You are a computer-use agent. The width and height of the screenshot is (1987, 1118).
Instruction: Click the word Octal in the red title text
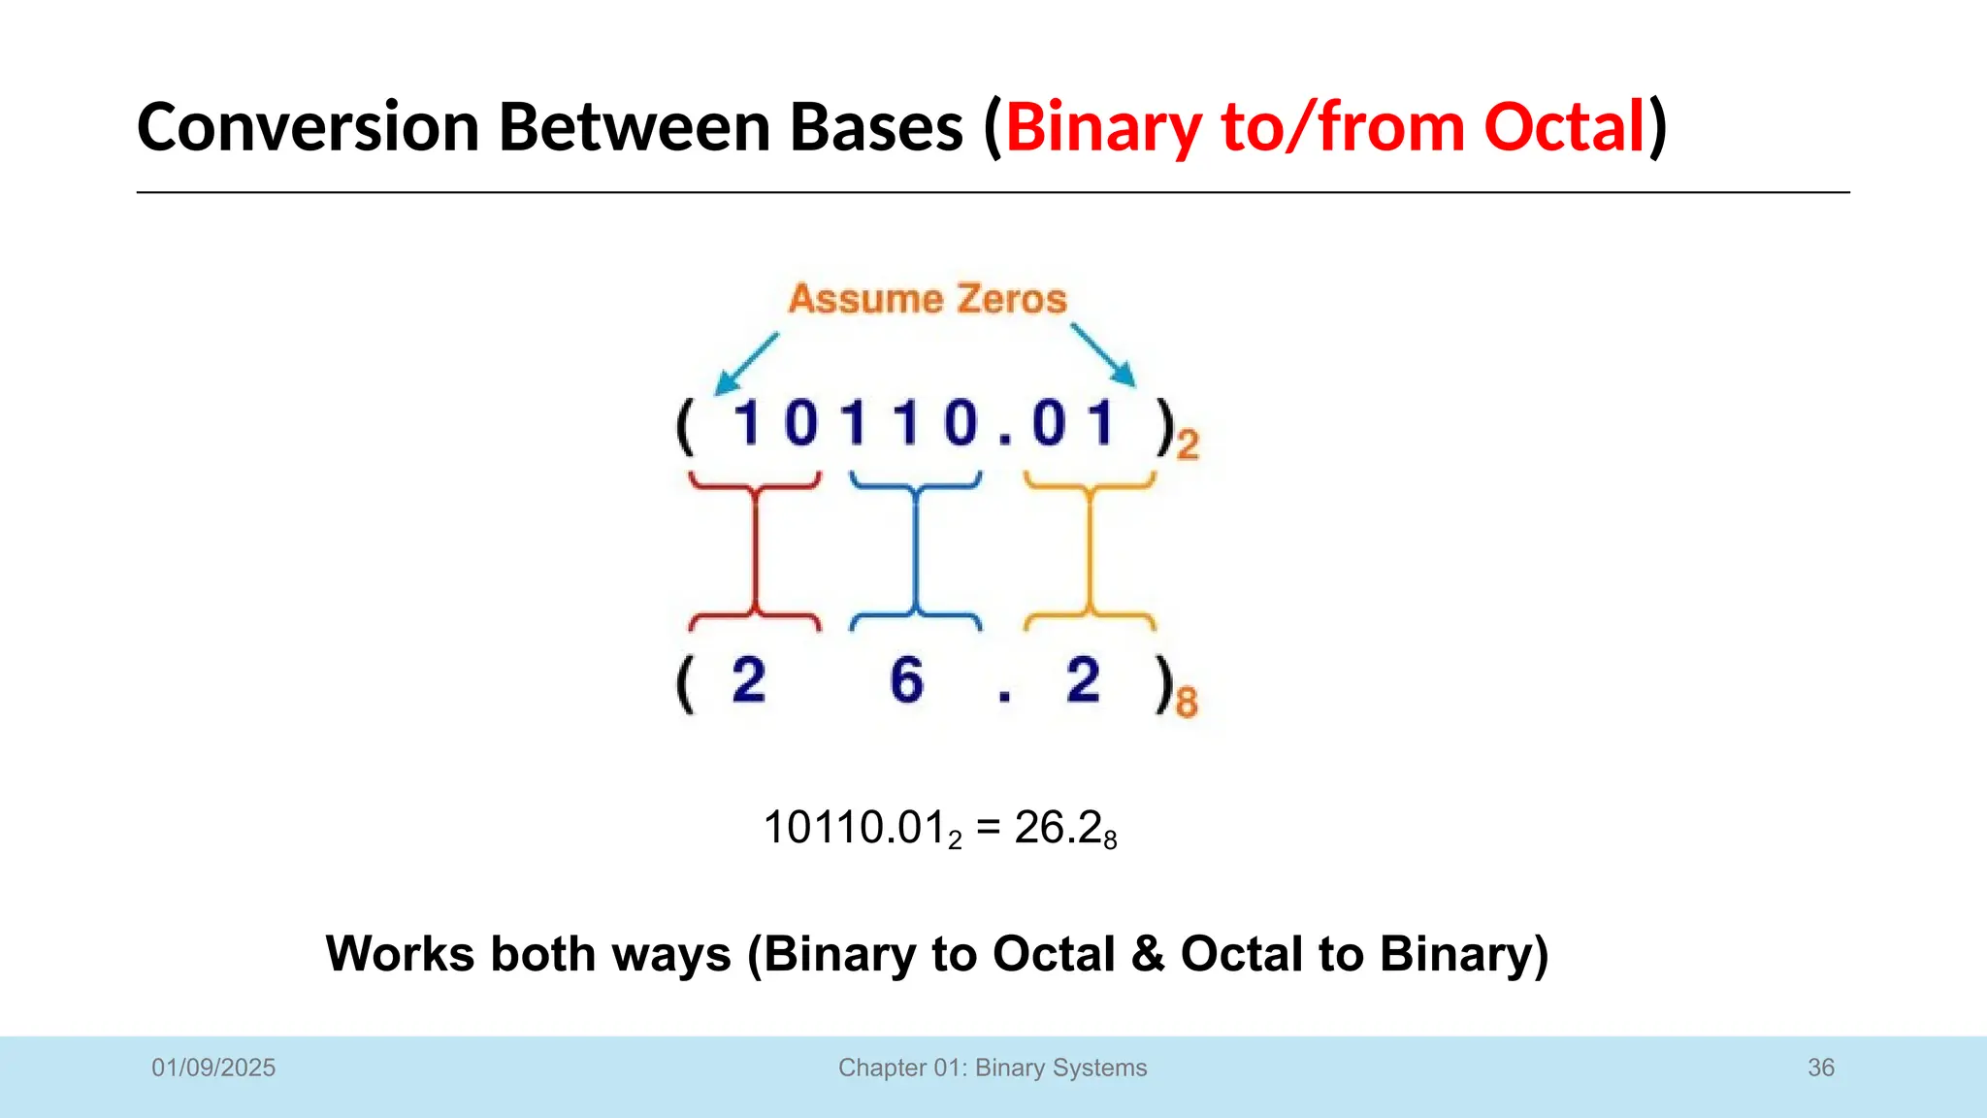[1564, 127]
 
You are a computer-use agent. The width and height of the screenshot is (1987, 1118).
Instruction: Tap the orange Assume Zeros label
[927, 299]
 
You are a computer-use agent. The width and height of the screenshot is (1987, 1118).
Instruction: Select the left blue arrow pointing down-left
[746, 364]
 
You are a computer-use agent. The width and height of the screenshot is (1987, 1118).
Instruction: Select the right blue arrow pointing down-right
[1104, 356]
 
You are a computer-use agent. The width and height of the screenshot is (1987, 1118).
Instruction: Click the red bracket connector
[755, 550]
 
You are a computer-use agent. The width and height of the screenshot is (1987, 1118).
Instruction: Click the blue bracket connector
[915, 550]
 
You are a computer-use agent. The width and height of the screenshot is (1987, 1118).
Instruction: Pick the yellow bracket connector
[1090, 550]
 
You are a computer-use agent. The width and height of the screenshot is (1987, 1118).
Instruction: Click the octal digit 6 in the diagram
[906, 679]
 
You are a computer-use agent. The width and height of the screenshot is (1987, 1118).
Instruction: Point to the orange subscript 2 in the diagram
[1188, 445]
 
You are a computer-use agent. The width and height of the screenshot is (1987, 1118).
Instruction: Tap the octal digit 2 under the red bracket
[748, 679]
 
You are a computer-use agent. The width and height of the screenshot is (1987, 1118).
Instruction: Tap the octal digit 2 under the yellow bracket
[1083, 679]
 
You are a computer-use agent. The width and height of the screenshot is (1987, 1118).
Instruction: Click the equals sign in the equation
[988, 829]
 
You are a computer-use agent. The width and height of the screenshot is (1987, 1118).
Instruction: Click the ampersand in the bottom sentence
[1148, 953]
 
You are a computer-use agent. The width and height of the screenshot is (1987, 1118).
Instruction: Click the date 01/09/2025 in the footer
[213, 1068]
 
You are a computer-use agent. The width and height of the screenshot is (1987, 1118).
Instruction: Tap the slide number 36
[1820, 1068]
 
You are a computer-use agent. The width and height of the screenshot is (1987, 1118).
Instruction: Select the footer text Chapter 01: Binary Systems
[993, 1068]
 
